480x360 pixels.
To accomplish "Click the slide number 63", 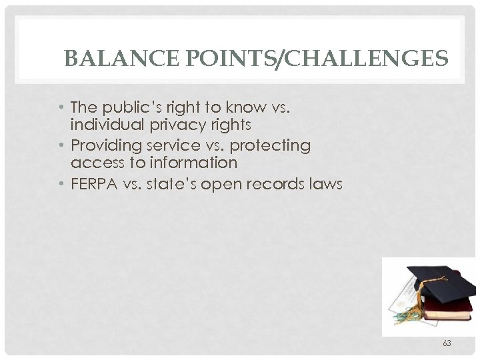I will (447, 344).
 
